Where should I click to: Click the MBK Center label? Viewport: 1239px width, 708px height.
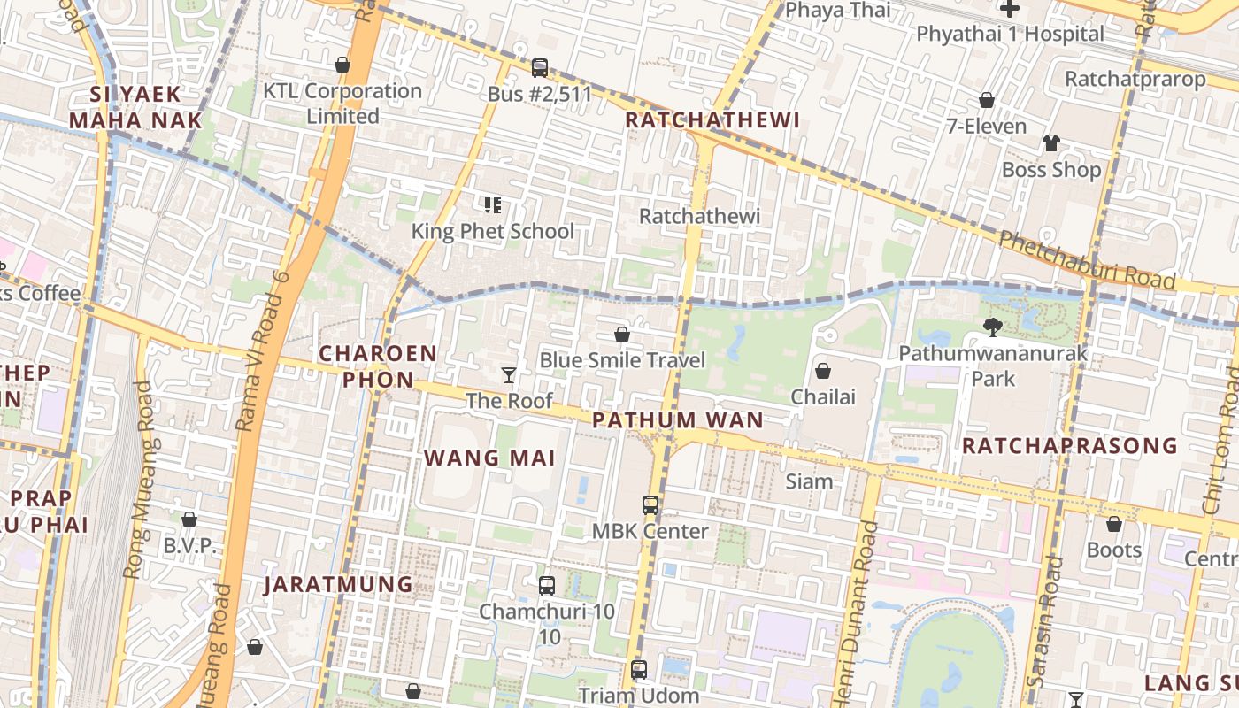[x=650, y=531]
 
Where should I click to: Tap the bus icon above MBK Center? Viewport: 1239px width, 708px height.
[x=650, y=505]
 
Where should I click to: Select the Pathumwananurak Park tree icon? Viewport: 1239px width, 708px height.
[x=993, y=327]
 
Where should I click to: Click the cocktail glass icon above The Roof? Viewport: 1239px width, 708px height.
[x=509, y=375]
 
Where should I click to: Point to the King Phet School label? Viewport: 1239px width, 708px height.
[x=493, y=231]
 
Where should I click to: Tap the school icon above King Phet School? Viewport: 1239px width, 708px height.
[x=493, y=206]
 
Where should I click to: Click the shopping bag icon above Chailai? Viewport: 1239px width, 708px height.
[x=823, y=371]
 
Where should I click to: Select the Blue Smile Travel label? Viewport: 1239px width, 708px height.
[x=622, y=360]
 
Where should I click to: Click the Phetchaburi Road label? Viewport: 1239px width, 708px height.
[x=1087, y=260]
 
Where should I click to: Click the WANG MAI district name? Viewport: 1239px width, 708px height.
[x=489, y=458]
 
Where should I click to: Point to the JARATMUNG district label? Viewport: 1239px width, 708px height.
[x=339, y=584]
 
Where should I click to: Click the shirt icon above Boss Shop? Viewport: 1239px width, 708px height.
[x=1050, y=143]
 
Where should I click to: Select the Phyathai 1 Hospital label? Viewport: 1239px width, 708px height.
[x=1010, y=34]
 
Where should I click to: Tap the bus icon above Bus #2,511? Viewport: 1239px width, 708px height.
[x=540, y=68]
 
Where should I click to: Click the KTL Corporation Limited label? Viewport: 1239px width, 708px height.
[x=342, y=103]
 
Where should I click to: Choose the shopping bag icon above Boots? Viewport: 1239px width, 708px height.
[x=1113, y=524]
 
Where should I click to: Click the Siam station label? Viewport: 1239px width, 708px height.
[x=809, y=481]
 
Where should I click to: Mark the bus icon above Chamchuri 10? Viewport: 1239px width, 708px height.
[x=547, y=586]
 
